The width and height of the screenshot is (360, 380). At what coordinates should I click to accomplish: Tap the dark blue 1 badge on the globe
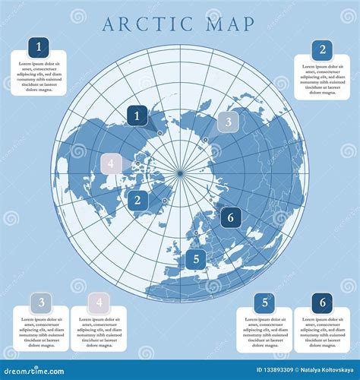coord(137,116)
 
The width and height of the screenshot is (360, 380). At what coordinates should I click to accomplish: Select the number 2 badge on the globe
coord(137,201)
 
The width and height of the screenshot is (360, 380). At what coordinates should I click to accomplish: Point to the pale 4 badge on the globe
coord(112,164)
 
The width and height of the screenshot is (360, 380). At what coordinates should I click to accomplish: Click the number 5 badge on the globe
coord(196,259)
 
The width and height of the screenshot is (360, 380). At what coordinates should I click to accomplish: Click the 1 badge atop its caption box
coord(39,46)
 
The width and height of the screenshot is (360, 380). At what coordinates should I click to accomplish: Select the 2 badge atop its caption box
coord(322,50)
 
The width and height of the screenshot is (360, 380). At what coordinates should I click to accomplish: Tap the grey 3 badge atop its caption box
coord(41,302)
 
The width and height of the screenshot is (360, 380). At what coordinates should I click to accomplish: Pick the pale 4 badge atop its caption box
coord(98,302)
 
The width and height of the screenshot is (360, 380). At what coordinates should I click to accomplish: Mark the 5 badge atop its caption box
coord(264,302)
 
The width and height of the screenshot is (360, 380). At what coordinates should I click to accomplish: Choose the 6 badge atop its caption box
coord(322,302)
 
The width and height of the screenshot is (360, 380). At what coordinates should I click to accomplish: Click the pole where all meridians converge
coord(180,174)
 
